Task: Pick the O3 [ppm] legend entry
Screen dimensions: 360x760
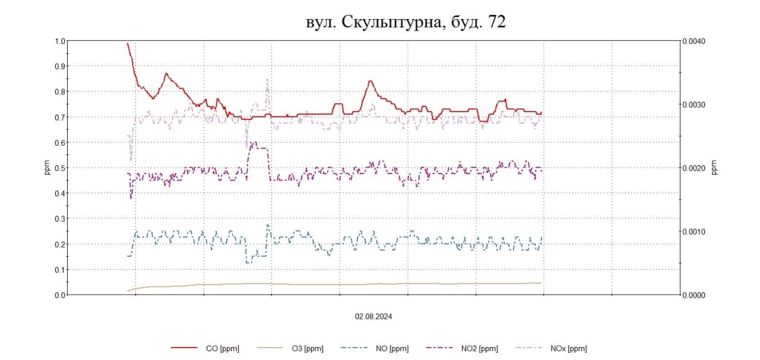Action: [x=307, y=349]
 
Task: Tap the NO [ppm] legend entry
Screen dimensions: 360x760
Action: [x=391, y=349]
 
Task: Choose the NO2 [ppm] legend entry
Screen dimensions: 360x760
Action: [x=478, y=349]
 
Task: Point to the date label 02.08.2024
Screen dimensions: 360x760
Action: [x=373, y=317]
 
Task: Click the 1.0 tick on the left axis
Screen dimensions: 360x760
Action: [x=59, y=41]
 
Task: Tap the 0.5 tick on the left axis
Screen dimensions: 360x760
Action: [x=59, y=168]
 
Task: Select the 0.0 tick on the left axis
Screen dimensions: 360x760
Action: [x=59, y=295]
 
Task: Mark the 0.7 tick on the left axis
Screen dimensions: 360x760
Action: [x=59, y=117]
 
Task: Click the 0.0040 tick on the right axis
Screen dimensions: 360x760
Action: [x=693, y=41]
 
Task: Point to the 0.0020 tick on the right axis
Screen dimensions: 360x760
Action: [x=693, y=168]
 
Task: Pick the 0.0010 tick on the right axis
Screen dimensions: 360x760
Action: [x=693, y=232]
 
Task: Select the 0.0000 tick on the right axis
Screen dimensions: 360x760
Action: [x=693, y=295]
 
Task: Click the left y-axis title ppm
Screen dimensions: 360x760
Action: [x=48, y=168]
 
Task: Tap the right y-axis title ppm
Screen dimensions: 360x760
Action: [x=714, y=168]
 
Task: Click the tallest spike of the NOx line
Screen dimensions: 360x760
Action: [x=267, y=80]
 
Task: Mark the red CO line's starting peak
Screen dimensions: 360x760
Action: [x=128, y=43]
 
